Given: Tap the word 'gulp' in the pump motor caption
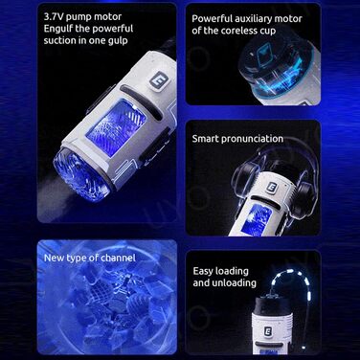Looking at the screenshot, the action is point(118,41).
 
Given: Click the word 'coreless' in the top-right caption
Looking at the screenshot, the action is point(238,31).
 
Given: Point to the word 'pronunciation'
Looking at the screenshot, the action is point(252,139).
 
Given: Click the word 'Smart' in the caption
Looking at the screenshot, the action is point(205,139).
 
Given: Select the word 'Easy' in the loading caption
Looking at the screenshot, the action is point(204,272).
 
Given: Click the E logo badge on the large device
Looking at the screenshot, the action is point(158,80).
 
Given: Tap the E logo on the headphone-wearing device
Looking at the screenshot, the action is point(273,188).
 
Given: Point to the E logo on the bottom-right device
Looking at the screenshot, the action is point(269,330).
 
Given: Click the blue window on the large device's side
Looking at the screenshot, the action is point(116,128).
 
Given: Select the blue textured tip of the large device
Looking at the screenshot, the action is point(81,174).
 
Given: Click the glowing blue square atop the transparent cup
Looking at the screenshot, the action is point(263,53).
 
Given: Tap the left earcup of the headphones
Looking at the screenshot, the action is point(245,175).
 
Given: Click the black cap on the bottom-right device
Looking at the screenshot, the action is point(273,304).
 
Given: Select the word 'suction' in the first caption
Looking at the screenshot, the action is point(59,41).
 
